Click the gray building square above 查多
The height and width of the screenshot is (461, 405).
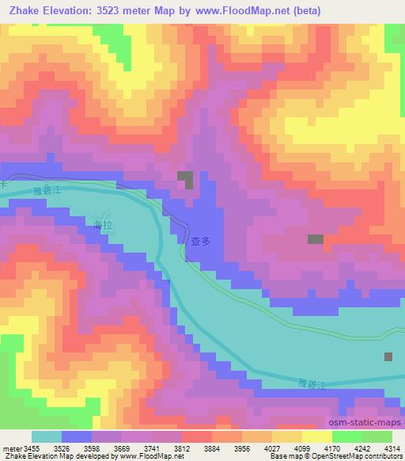(x=186, y=179)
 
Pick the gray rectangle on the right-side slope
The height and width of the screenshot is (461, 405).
(x=316, y=238)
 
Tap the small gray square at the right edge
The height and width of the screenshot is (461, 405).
(x=388, y=357)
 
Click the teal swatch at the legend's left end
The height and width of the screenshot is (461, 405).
(x=47, y=436)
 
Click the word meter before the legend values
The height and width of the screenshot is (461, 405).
(x=12, y=448)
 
